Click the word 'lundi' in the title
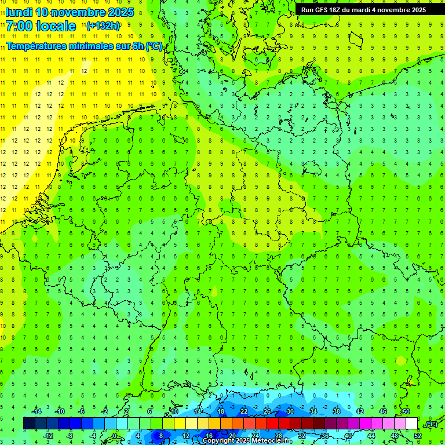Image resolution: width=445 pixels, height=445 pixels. (x=19, y=12)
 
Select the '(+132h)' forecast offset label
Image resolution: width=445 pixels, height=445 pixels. (x=103, y=26)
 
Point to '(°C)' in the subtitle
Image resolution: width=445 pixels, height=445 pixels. (x=154, y=46)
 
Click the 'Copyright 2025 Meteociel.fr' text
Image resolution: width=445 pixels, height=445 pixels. (x=247, y=441)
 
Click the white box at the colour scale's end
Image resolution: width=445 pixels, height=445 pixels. (x=411, y=424)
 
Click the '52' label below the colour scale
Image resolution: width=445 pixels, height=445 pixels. (x=418, y=436)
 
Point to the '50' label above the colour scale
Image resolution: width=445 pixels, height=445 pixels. (x=406, y=411)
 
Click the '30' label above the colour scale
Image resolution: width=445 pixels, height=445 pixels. (x=290, y=411)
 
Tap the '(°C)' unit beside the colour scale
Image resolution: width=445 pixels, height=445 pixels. (x=431, y=424)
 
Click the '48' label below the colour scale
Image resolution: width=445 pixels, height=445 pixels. (x=395, y=436)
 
